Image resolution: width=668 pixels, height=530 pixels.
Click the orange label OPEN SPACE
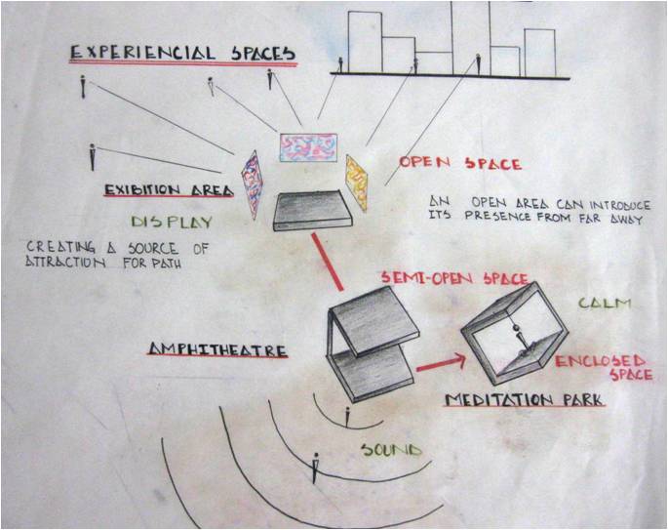pos(447,164)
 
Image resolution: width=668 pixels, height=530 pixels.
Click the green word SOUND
pos(391,450)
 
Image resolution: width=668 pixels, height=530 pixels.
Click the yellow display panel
pos(356,182)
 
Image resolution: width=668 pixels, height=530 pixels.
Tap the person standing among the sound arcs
pos(314,468)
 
